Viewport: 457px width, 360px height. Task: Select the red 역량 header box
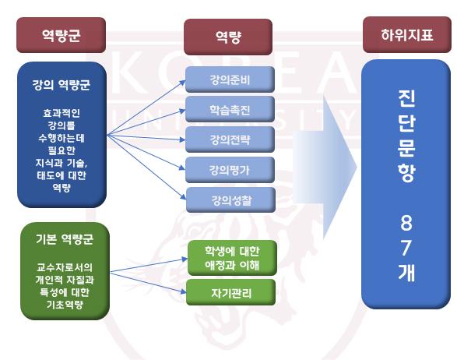click(227, 36)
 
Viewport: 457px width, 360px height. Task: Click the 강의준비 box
click(229, 79)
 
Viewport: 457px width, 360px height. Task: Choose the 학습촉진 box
click(229, 109)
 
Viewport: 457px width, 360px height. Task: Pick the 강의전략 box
click(229, 139)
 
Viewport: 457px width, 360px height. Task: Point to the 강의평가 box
click(229, 170)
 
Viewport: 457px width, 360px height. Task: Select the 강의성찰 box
click(229, 200)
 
